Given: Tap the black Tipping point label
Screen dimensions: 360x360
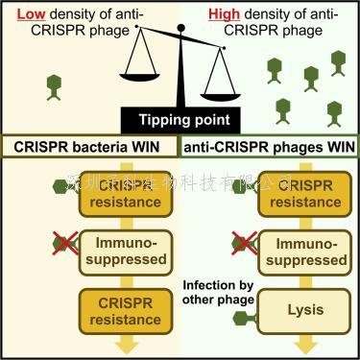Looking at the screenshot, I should (180, 121).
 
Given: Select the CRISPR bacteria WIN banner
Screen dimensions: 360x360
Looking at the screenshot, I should (90, 148).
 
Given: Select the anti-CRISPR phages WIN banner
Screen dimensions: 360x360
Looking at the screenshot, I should (270, 148).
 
